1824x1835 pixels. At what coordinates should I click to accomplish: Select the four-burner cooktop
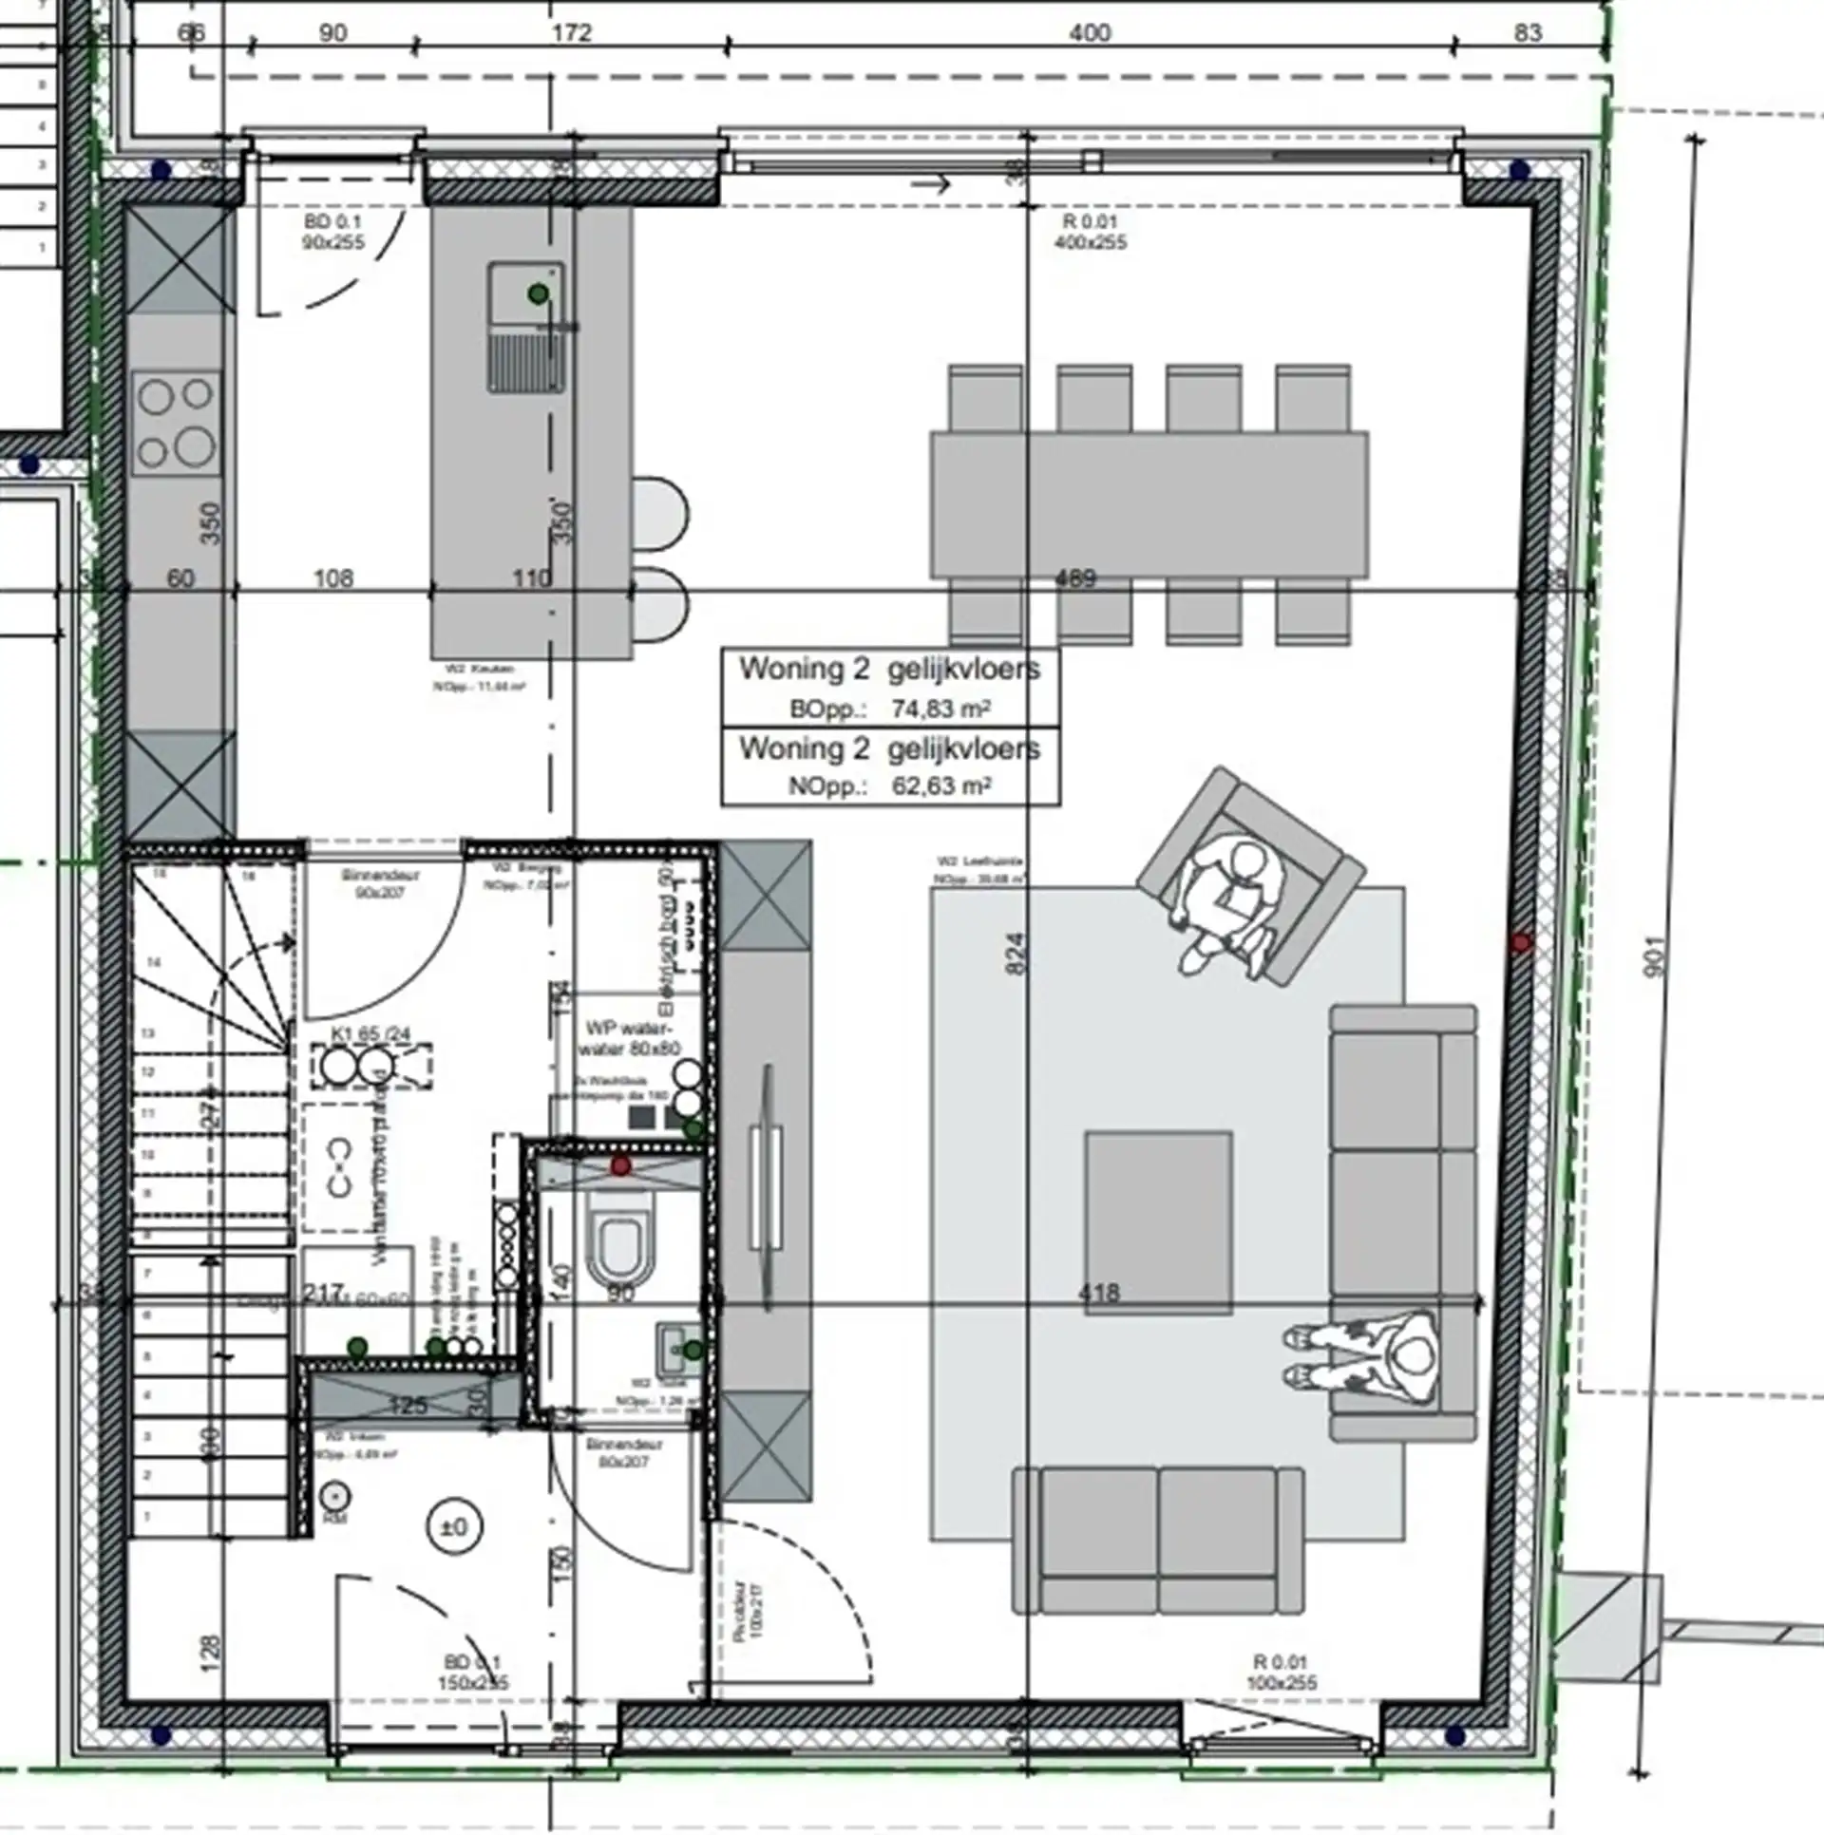176,423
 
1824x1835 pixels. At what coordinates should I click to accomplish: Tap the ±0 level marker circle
455,1527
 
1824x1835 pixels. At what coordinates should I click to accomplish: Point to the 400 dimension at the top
1090,33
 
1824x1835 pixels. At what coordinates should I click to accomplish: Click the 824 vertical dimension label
1016,954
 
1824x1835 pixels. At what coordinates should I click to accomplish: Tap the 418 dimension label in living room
1099,1293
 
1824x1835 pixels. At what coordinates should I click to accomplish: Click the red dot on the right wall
1522,942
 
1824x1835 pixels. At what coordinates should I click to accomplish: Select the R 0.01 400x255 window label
1090,232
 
